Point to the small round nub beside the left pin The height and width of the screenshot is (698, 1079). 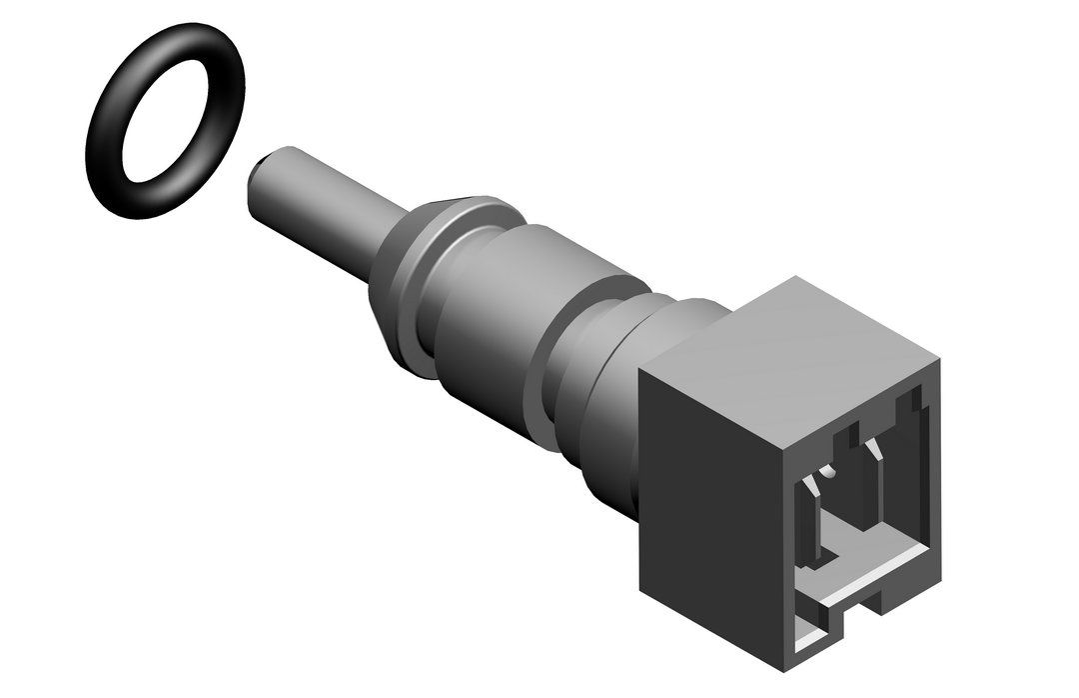(827, 470)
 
